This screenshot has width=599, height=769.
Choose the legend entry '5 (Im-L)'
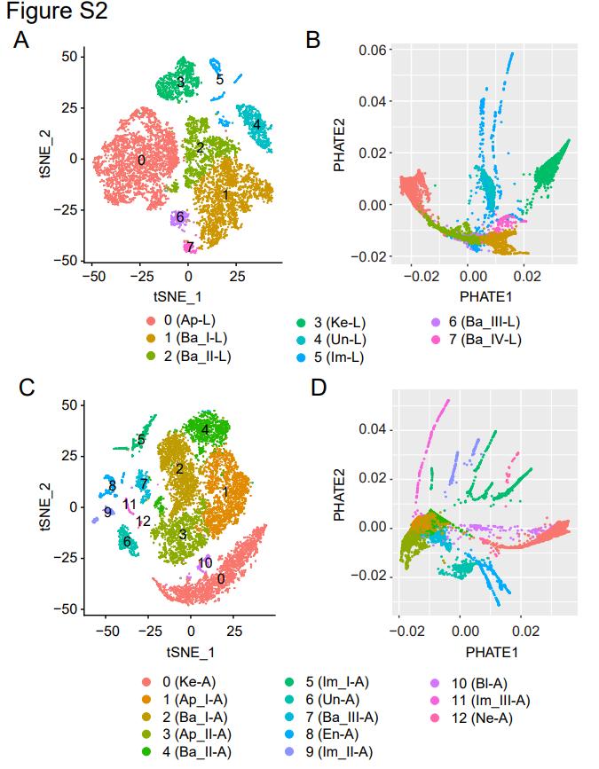(x=333, y=357)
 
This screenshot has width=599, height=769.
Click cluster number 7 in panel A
(x=190, y=247)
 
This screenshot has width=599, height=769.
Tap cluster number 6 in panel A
(x=179, y=216)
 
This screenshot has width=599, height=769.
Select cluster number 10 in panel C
(x=205, y=562)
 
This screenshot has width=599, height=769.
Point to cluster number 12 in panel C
(x=144, y=521)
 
